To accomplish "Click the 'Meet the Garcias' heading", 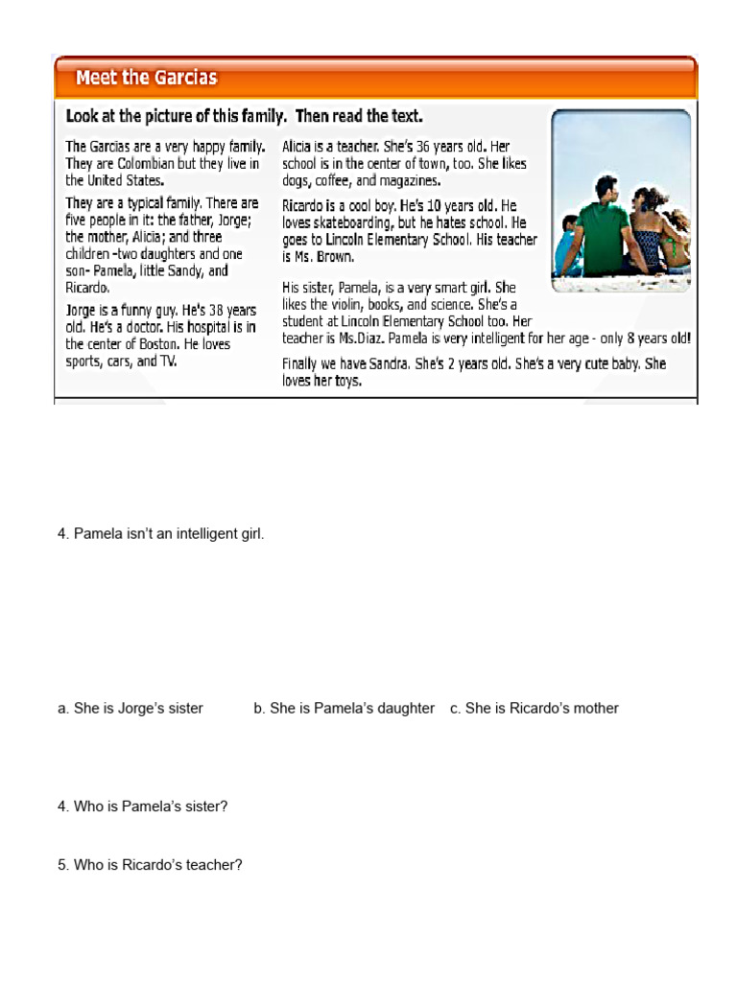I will pos(146,78).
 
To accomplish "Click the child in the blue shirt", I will pos(570,245).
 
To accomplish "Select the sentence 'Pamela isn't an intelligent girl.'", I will pos(160,534).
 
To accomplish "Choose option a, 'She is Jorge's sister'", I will pos(131,709).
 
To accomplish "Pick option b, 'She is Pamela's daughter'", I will pos(344,709).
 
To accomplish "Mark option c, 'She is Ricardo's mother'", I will pos(535,709).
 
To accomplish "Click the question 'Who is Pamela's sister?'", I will pos(143,807).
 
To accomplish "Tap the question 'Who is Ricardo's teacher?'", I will pos(150,865).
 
